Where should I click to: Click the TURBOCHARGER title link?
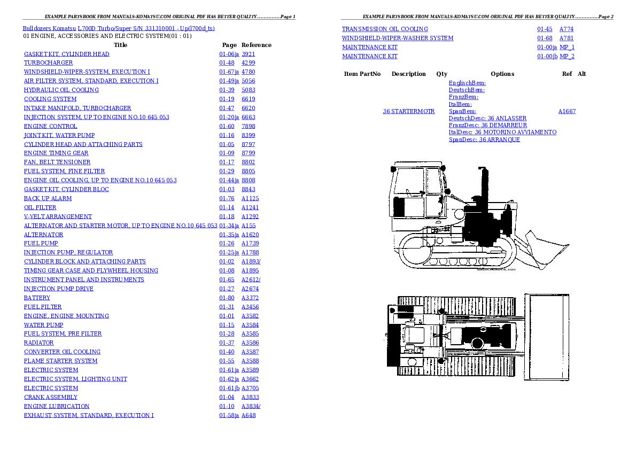(48, 63)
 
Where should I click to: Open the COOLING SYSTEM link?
(50, 99)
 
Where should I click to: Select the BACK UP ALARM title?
(48, 198)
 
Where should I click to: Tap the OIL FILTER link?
(40, 207)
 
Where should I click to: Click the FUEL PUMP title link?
(41, 244)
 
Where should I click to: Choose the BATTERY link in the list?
(37, 298)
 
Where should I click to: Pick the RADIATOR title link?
(38, 343)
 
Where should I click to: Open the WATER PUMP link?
(43, 325)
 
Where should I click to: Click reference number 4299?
(248, 63)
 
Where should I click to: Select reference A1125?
(250, 198)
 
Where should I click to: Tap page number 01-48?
(227, 63)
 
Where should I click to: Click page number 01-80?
(227, 298)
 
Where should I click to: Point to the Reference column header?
(257, 45)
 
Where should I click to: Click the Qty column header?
(441, 74)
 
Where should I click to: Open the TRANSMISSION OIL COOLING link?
(385, 29)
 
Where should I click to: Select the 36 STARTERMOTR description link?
(409, 111)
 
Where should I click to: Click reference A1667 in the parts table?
(567, 111)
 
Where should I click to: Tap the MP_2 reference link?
(567, 57)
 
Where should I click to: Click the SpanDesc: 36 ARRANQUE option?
(484, 139)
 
